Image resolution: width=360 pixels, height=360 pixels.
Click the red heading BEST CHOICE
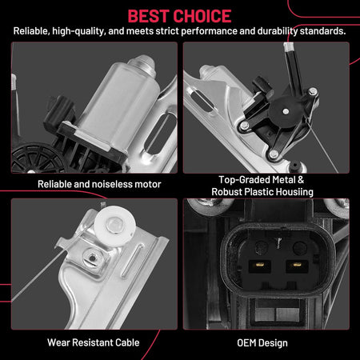[180, 16]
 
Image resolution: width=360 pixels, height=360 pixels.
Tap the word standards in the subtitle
[323, 31]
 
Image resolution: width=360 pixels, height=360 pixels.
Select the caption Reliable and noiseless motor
[99, 184]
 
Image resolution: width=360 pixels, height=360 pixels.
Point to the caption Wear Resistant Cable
[94, 342]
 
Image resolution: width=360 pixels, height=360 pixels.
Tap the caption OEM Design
[262, 343]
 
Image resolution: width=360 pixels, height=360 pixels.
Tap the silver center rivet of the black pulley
[286, 111]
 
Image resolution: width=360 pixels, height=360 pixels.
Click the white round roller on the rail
[115, 226]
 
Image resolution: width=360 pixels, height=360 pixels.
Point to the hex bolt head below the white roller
[93, 258]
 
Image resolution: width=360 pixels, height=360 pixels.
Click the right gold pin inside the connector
[297, 265]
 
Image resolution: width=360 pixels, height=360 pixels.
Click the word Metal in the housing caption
[281, 180]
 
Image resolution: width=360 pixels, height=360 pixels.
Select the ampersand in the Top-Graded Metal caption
[301, 180]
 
